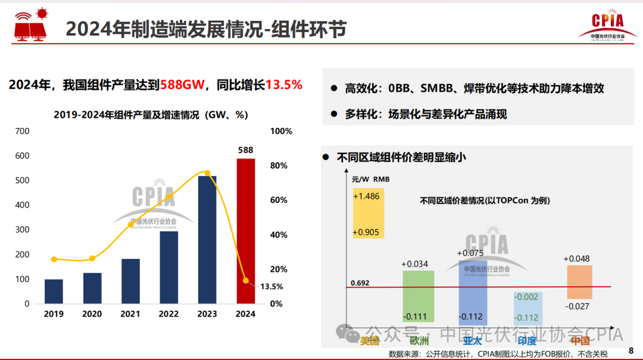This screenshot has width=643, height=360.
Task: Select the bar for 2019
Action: click(x=54, y=291)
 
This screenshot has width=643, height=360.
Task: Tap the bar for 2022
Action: click(x=168, y=267)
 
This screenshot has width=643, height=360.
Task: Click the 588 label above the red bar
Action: click(x=246, y=150)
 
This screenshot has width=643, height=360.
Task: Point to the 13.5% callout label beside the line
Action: click(x=271, y=286)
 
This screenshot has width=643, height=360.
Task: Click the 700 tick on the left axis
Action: click(x=21, y=131)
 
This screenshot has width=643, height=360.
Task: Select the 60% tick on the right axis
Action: click(x=279, y=201)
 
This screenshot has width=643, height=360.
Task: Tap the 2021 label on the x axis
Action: click(x=130, y=314)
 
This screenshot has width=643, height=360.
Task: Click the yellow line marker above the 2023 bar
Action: click(x=207, y=173)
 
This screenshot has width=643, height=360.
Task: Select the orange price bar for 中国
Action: click(x=579, y=282)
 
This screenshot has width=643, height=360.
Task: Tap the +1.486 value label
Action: click(x=366, y=196)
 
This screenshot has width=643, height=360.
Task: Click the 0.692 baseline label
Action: click(x=360, y=283)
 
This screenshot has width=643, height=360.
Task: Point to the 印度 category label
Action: click(x=527, y=341)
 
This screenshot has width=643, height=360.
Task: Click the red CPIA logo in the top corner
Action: click(x=607, y=25)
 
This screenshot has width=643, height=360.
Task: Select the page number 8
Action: click(x=631, y=351)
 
